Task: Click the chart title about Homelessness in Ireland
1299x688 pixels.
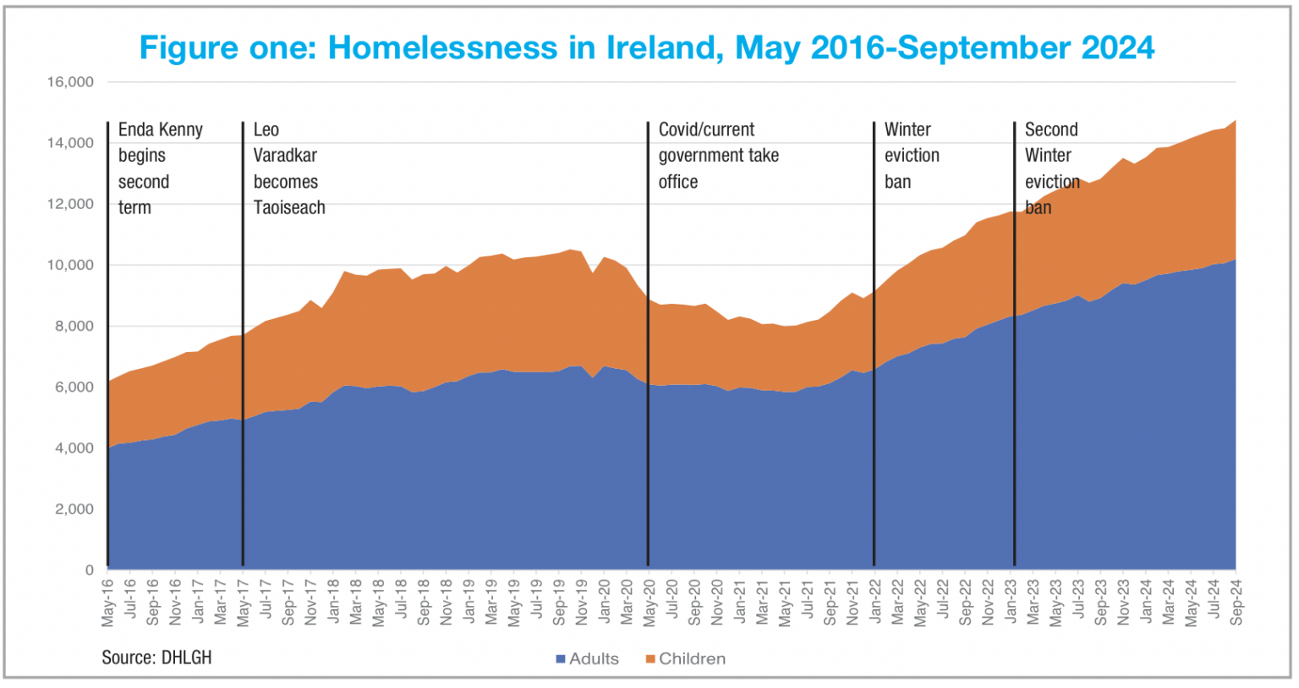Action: click(x=646, y=47)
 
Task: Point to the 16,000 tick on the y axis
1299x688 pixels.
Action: click(x=70, y=82)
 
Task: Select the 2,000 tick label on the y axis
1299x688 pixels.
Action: click(x=74, y=509)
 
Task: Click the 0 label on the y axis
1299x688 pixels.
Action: click(x=89, y=570)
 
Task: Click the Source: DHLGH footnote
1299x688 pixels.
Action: click(x=156, y=658)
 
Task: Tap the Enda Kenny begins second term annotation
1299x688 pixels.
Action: click(x=160, y=168)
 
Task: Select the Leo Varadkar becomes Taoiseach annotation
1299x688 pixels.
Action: click(x=288, y=168)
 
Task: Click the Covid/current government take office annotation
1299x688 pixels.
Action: click(x=718, y=156)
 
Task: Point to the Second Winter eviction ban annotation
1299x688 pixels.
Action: click(x=1052, y=168)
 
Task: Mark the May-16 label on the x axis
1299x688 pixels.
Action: click(x=108, y=603)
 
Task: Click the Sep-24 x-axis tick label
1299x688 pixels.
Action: click(x=1236, y=603)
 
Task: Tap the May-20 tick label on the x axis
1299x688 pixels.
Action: click(x=649, y=603)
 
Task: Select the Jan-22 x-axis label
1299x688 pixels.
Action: click(x=875, y=603)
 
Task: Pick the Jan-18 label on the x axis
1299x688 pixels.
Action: click(x=334, y=603)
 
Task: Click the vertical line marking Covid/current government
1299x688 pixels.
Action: click(x=648, y=381)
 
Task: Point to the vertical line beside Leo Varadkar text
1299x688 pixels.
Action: click(x=243, y=381)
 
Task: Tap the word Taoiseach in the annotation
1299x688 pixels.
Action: click(x=289, y=207)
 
